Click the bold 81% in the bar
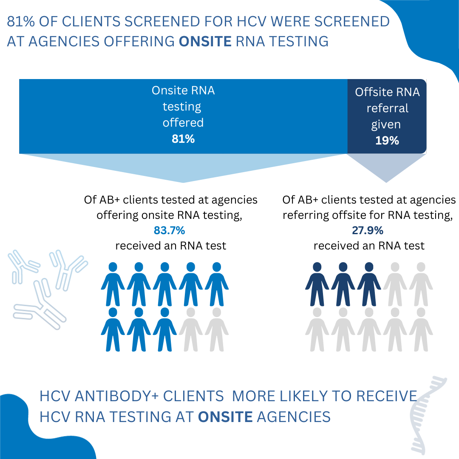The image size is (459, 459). pos(183,139)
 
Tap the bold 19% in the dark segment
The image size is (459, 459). pos(387,141)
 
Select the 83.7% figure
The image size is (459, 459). pos(170,231)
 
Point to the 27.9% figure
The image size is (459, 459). pos(368,230)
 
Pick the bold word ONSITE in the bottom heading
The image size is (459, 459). pos(225,416)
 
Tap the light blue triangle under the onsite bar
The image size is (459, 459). pos(183,167)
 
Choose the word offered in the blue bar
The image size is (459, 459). pos(183,123)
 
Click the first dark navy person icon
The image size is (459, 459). pos(317,284)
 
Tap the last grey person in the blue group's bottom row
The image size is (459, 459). pos(216,329)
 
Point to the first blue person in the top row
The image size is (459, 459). pos(113,284)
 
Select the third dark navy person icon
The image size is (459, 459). pos(368,284)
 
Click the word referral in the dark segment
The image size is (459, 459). pos(387,108)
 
